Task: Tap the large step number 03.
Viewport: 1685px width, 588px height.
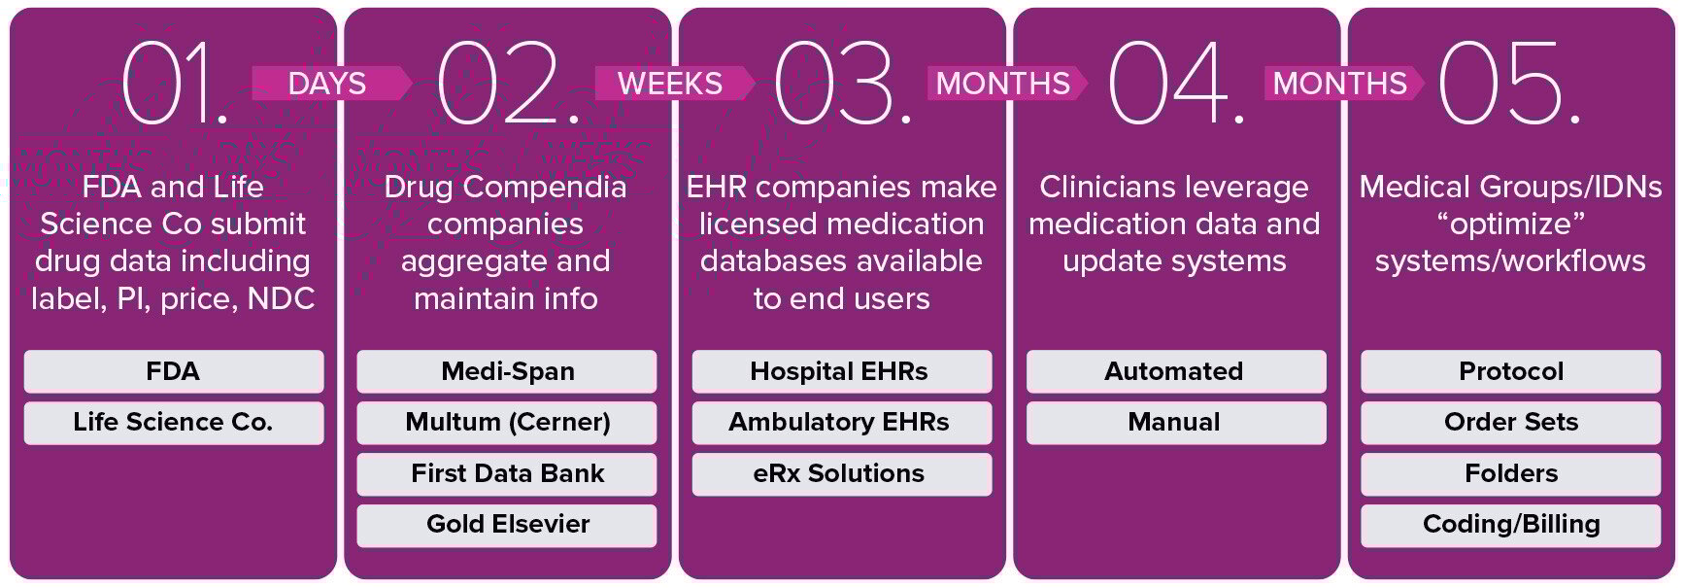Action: point(842,85)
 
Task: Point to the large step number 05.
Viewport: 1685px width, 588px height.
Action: point(1508,85)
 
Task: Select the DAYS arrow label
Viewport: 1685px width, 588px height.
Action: point(328,84)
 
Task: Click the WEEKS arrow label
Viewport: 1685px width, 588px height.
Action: point(671,84)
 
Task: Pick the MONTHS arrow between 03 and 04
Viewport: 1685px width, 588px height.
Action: point(1003,84)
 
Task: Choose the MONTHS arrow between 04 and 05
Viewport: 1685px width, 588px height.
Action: point(1340,84)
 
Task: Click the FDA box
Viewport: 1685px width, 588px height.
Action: point(174,371)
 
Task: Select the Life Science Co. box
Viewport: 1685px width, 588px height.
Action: point(174,423)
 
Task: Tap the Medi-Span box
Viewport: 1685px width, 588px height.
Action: point(507,371)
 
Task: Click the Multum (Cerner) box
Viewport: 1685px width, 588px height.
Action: point(507,423)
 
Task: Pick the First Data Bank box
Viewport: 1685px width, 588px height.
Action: point(507,473)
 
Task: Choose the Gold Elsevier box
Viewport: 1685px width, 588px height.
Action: point(507,525)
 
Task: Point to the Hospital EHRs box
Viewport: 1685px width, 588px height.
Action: point(841,371)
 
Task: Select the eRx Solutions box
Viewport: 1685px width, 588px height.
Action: point(841,473)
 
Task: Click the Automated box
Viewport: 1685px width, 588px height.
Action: point(1175,371)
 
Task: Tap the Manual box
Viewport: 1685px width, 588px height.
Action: point(1175,423)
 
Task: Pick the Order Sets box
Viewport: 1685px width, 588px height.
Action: point(1510,423)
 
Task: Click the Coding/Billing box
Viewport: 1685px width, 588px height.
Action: point(1510,525)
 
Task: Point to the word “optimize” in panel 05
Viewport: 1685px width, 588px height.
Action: point(1510,225)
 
